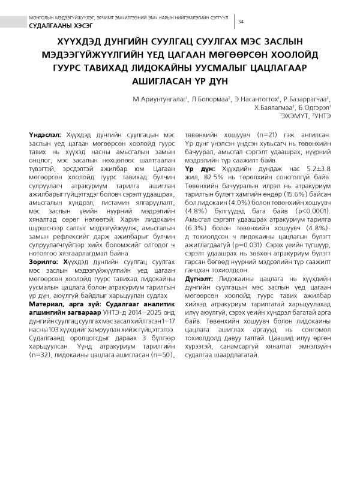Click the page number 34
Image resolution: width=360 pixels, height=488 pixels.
[241, 22]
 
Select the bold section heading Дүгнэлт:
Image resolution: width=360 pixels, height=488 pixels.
[201, 279]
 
